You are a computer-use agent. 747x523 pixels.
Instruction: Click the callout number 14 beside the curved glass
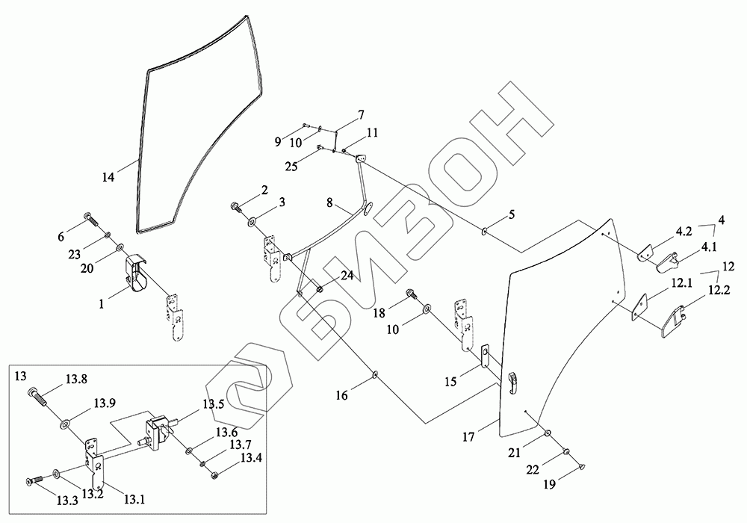(x=108, y=177)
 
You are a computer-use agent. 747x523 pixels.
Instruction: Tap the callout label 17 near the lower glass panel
(x=468, y=436)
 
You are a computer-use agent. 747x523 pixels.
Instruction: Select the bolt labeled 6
(x=91, y=220)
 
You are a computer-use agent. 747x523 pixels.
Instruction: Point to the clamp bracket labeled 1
(x=135, y=273)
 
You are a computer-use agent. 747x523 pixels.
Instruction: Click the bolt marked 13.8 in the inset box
(x=37, y=397)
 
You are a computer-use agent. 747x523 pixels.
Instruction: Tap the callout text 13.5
(x=213, y=405)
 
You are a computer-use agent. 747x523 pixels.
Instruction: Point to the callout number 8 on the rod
(x=329, y=202)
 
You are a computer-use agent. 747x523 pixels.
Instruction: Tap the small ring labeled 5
(x=483, y=231)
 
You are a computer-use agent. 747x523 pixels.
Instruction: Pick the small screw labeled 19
(x=582, y=466)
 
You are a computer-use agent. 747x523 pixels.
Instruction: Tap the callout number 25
(x=291, y=166)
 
